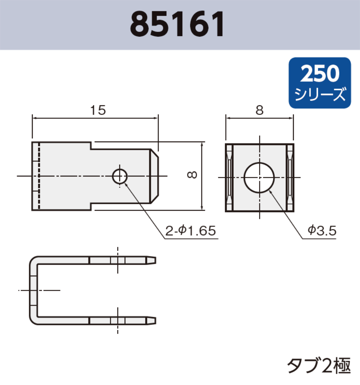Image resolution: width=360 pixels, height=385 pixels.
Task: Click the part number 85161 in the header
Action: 178,24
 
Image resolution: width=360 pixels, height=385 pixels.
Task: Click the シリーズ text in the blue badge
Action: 320,95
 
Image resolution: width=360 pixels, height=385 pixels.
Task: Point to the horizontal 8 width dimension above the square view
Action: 259,111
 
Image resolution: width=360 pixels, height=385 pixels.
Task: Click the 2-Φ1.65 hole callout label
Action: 191,231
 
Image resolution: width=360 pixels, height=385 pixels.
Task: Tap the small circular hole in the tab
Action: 120,177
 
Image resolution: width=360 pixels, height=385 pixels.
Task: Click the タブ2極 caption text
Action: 319,366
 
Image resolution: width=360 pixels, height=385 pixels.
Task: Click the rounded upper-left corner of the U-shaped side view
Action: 34,261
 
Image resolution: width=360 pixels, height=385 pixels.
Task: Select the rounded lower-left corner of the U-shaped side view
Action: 34,320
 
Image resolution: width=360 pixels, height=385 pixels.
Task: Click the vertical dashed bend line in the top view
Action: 39,177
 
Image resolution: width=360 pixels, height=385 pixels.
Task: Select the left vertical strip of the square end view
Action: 229,178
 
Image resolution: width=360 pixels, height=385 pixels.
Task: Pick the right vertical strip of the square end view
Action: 290,178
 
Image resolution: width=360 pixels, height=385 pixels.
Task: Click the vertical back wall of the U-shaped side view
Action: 34,290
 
